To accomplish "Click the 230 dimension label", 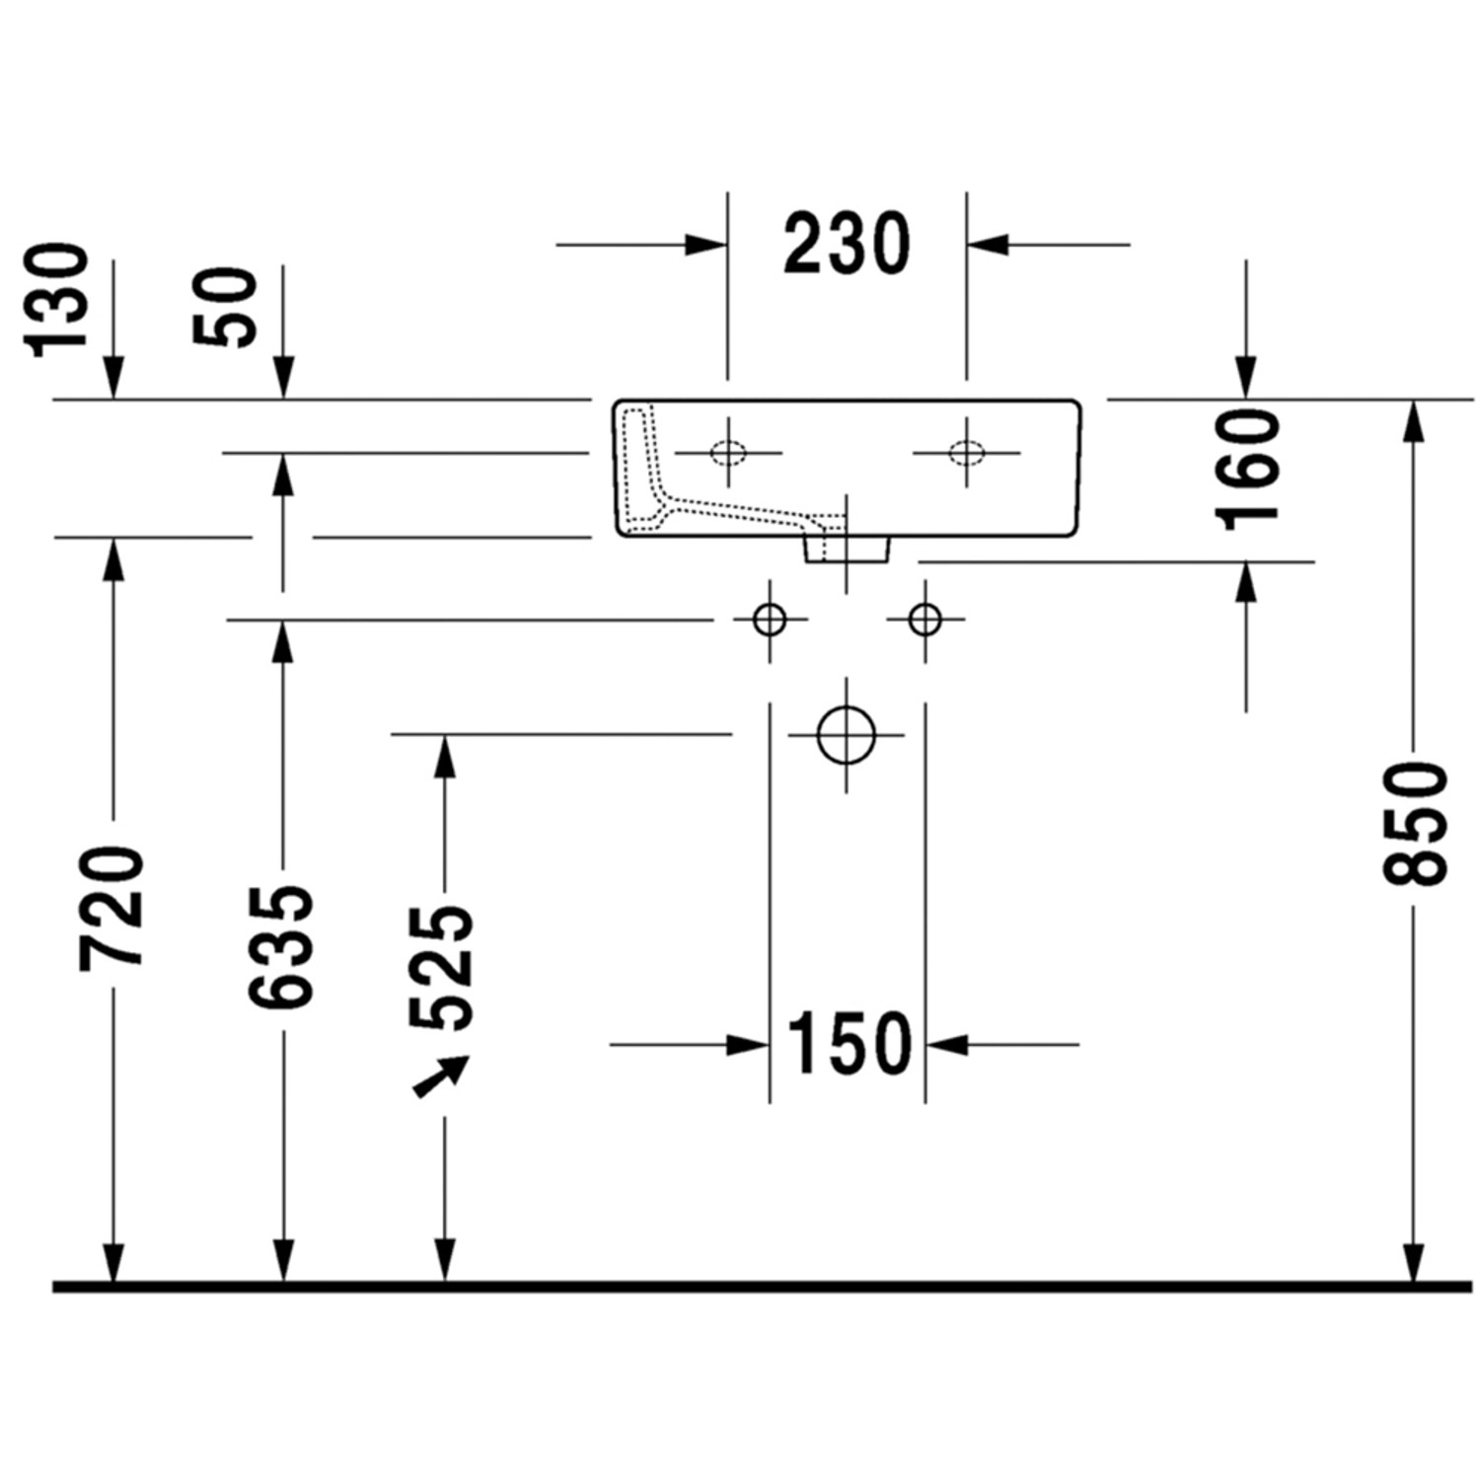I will point(847,244).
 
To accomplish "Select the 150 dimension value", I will point(849,1043).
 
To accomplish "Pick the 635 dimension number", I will point(283,947).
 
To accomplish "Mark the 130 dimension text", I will point(57,300).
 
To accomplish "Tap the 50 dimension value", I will point(227,307).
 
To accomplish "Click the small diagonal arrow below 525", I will point(440,1076).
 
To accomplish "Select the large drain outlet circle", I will point(847,735).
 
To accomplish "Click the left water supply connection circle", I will point(770,620).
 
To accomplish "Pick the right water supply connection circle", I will point(925,620).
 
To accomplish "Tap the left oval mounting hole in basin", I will point(728,453).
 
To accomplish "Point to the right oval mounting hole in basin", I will point(966,453).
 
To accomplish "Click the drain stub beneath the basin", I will point(847,550).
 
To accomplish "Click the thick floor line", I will point(760,1287).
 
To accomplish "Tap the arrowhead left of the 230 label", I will point(706,244).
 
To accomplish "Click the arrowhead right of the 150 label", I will point(947,1043).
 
